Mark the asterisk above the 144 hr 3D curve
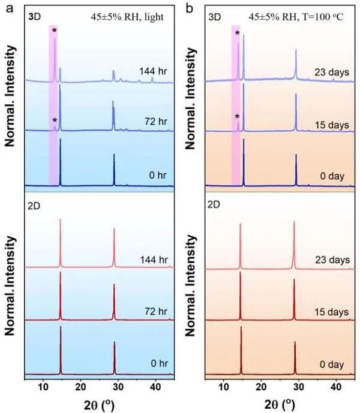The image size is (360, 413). coord(54,31)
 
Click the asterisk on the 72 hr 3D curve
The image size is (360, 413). coord(54,120)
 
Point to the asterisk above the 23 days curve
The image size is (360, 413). coord(237,33)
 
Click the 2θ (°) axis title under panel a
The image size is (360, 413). coord(99,403)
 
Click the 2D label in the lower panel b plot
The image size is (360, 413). coord(214,204)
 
